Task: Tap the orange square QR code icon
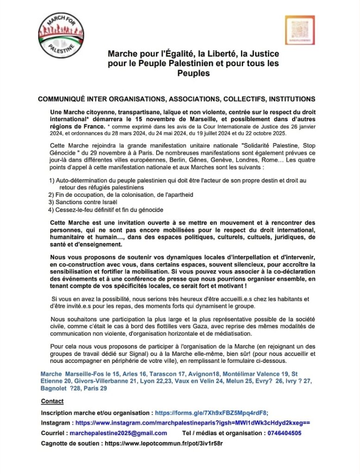tap(300, 30)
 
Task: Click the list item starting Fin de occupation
tap(120, 195)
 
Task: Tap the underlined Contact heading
tap(52, 401)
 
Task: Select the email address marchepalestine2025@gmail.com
tap(118, 433)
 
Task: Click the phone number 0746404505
tap(284, 433)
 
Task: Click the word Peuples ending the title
tap(193, 73)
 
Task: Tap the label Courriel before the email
tap(53, 433)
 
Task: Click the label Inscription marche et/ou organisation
tap(96, 412)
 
